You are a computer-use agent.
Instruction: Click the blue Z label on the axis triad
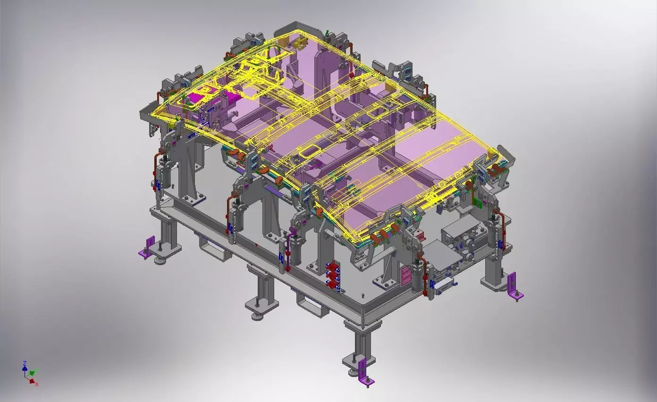[x=24, y=363]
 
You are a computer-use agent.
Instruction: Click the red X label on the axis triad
[x=37, y=385]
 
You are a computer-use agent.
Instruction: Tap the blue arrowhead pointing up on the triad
[x=25, y=368]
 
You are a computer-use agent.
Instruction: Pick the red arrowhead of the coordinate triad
[x=32, y=381]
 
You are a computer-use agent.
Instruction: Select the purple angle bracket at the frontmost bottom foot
[x=364, y=372]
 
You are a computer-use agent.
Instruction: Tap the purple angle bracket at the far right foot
[x=513, y=286]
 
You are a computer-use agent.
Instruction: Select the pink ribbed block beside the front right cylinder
[x=405, y=276]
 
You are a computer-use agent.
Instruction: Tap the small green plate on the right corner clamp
[x=478, y=203]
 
